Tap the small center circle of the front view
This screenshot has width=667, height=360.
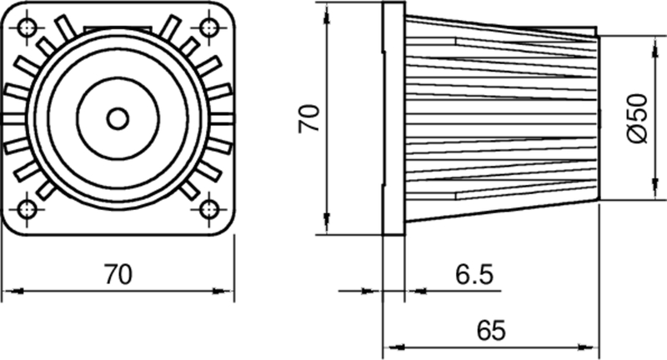pyautogui.click(x=118, y=118)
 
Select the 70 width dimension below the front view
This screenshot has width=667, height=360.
pyautogui.click(x=118, y=274)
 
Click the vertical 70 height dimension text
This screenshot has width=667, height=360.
pyautogui.click(x=310, y=117)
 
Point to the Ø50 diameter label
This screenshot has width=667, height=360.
pyautogui.click(x=637, y=117)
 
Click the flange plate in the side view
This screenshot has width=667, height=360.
pyautogui.click(x=393, y=118)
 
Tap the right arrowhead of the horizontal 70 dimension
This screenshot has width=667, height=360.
pyautogui.click(x=225, y=291)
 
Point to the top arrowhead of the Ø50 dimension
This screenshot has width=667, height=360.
pyautogui.click(x=652, y=42)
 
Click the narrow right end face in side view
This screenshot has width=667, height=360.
pyautogui.click(x=597, y=118)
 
